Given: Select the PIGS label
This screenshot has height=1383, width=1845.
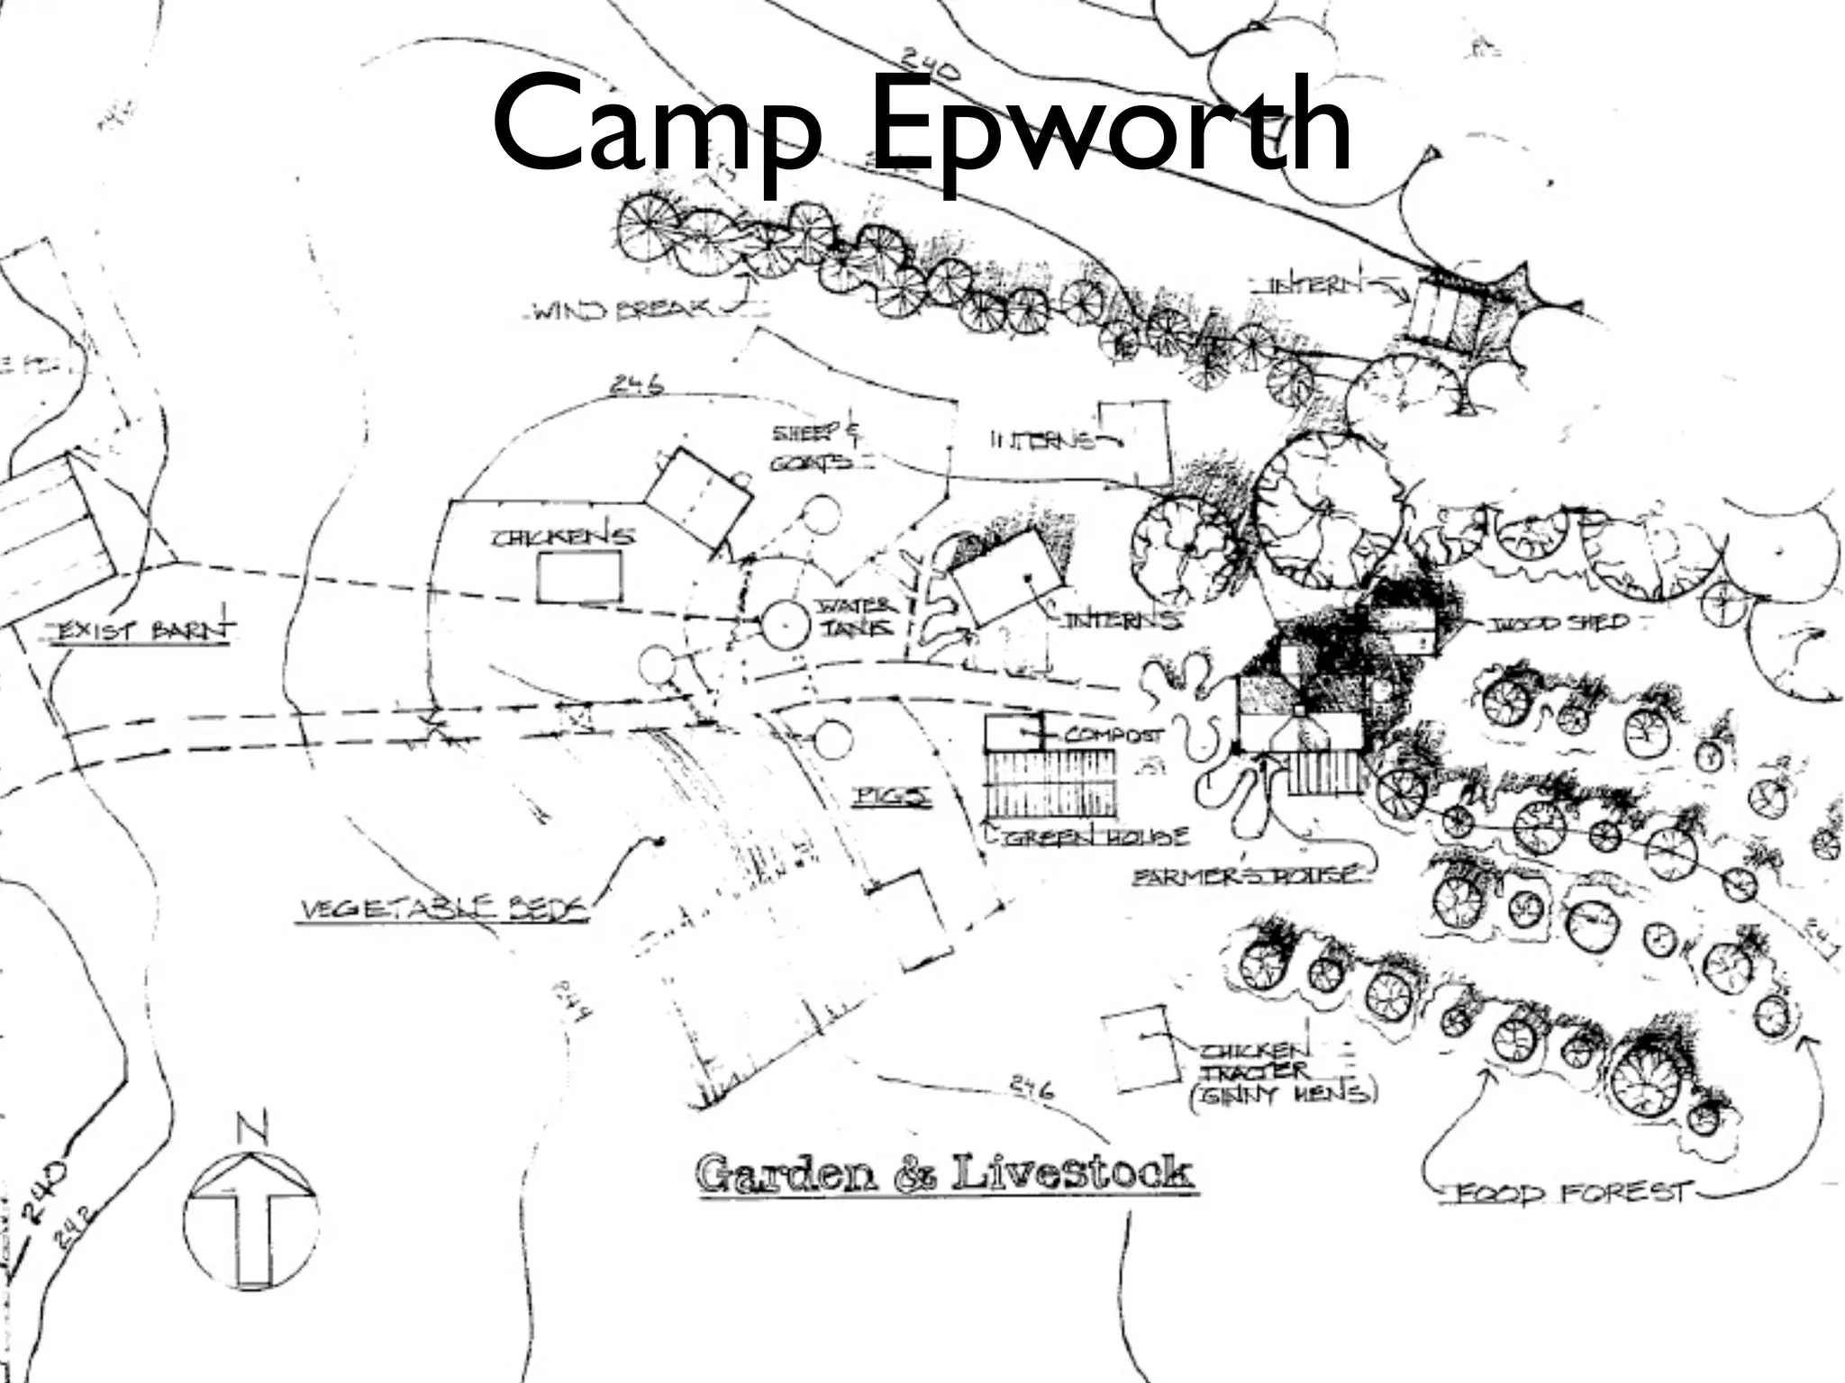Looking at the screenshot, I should pos(892,796).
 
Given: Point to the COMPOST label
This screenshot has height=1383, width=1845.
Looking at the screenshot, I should pos(1113,734).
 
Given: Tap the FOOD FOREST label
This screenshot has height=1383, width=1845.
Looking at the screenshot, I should pos(1571,1193).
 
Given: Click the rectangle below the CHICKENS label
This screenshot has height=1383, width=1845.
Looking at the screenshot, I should pos(579,576).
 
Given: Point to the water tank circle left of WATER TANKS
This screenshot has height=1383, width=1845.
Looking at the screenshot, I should pos(786,624).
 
